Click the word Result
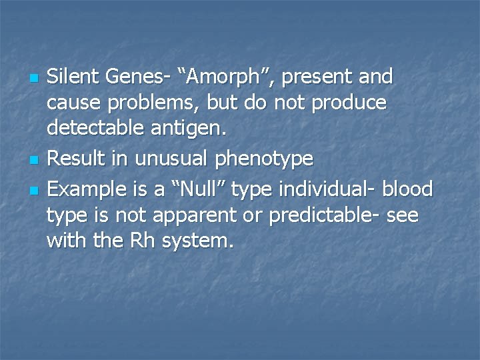[71, 159]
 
